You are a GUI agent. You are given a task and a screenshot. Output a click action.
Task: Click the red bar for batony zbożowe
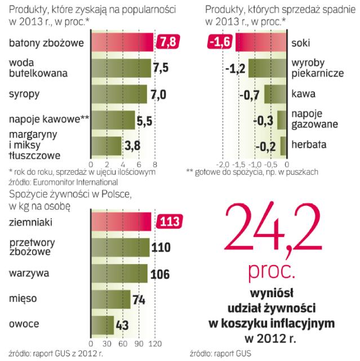(121, 42)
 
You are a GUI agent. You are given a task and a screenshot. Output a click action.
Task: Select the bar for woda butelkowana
(120, 68)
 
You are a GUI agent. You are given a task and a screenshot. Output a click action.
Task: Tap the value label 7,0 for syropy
(159, 94)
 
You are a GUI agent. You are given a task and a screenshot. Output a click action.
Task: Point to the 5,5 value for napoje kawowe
(145, 121)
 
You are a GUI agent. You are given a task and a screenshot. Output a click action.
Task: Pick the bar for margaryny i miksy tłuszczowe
(106, 146)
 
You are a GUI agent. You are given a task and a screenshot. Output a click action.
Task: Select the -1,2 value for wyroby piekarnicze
(235, 68)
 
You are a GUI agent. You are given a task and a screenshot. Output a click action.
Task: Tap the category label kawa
(303, 94)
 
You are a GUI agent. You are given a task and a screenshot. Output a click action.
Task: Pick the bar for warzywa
(118, 274)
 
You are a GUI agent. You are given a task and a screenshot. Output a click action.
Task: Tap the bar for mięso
(110, 300)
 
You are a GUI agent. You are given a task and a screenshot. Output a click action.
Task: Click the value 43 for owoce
(123, 325)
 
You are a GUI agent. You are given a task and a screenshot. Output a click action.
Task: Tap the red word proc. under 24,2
(272, 272)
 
